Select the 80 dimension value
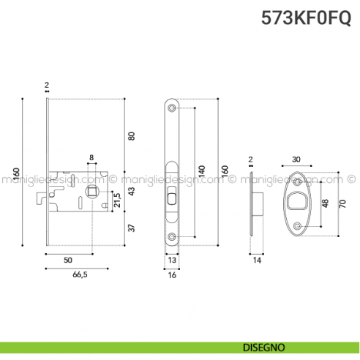click(132, 136)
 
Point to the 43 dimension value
click(132, 192)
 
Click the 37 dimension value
click(132, 228)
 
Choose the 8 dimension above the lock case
click(91, 158)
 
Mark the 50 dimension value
click(68, 260)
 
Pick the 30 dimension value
click(296, 160)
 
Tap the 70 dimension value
click(341, 204)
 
